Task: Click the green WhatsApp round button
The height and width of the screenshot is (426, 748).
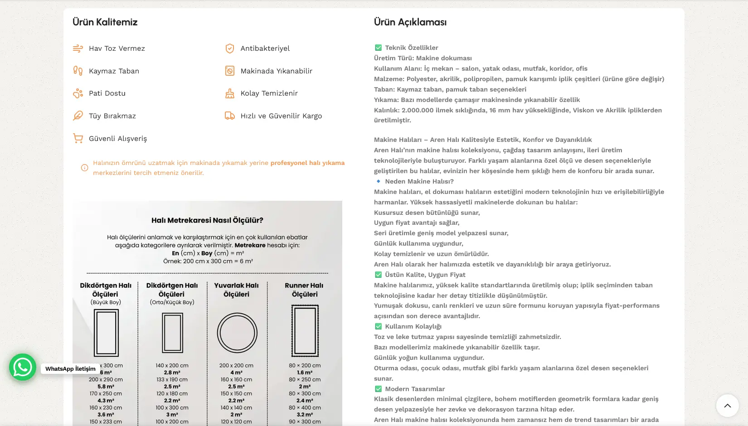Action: tap(23, 367)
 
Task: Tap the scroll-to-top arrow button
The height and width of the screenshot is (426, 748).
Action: tap(727, 406)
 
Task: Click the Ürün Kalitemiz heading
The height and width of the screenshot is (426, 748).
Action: tap(105, 22)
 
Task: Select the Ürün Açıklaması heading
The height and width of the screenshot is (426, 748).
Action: tap(410, 22)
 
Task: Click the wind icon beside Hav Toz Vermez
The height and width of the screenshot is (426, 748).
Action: tap(78, 48)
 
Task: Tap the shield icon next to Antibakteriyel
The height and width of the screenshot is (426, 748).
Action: tap(230, 48)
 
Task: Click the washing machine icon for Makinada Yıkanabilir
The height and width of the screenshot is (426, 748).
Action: tap(230, 71)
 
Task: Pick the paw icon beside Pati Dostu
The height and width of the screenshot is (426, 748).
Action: tap(78, 93)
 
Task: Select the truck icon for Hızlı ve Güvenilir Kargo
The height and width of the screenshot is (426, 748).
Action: tap(230, 116)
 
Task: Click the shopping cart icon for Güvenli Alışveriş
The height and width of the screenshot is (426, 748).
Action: tap(78, 139)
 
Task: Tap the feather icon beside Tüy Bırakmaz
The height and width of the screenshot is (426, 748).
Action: tap(78, 116)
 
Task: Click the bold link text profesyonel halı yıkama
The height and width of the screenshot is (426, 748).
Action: tap(307, 163)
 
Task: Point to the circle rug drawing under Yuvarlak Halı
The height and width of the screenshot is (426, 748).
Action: tap(237, 333)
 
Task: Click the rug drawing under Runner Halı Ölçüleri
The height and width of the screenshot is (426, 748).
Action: tap(305, 331)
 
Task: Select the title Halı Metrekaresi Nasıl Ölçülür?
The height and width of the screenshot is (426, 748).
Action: tap(207, 220)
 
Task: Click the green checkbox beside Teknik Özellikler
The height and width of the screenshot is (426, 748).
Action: tap(379, 48)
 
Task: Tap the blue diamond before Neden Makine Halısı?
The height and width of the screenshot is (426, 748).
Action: tap(379, 181)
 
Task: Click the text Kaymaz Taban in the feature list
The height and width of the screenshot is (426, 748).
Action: tap(114, 71)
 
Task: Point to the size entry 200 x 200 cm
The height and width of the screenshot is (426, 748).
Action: tap(236, 365)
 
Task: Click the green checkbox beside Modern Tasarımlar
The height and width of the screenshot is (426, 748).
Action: tap(379, 389)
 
